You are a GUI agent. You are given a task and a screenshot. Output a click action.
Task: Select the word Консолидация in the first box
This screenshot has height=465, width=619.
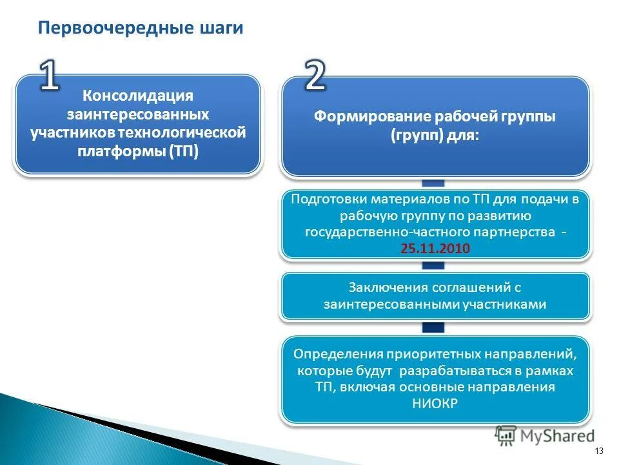point(138,96)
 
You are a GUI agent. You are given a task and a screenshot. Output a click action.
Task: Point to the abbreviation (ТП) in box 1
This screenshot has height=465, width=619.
point(185,150)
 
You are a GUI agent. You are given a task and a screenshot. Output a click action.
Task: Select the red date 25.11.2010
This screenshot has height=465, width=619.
point(435,248)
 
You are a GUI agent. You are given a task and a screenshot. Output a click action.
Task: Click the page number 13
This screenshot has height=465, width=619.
point(599,451)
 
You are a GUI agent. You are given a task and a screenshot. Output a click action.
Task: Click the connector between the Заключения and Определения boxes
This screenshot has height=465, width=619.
point(435,327)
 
